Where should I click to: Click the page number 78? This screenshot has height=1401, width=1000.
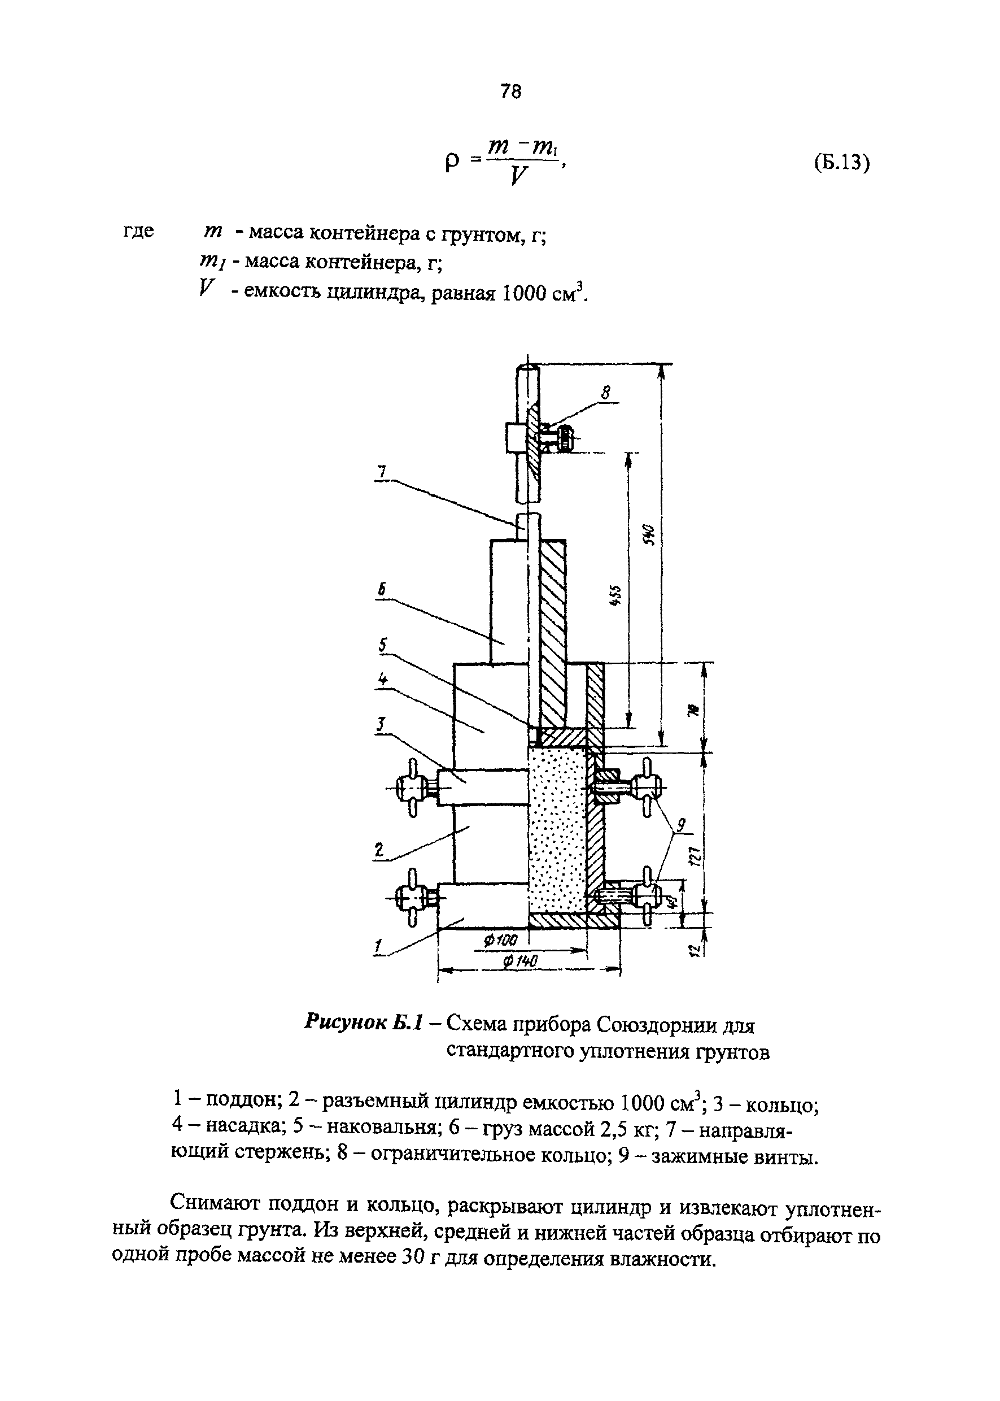tap(511, 92)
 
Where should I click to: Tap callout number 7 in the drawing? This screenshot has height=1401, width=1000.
tap(382, 472)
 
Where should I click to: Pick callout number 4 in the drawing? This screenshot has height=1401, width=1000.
tap(383, 680)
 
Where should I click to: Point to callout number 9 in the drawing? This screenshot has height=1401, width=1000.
tap(682, 824)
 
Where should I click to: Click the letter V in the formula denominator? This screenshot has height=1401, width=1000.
tap(519, 177)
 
